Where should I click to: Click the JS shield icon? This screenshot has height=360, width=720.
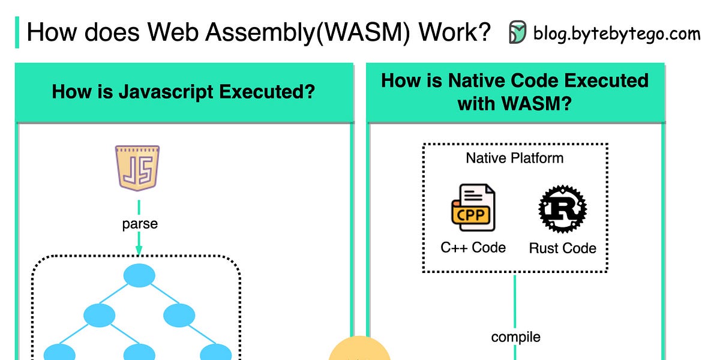coord(137,167)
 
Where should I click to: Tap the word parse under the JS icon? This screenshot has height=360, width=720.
coord(140,224)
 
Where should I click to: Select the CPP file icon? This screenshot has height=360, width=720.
coord(472,208)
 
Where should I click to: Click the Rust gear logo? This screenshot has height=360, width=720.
coord(562,209)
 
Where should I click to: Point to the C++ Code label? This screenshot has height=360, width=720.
coord(473,247)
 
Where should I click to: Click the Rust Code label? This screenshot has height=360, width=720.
coord(562,248)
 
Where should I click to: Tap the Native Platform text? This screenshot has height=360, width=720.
coord(514,158)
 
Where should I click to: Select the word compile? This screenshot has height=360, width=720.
coord(515,337)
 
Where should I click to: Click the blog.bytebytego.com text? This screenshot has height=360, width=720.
coord(616,33)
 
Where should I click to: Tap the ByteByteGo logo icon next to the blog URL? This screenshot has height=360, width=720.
coord(517,32)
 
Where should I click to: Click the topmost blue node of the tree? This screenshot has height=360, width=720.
coord(139,275)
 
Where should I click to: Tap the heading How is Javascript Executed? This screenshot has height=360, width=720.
coord(184,92)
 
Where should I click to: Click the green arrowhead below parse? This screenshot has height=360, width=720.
coord(139,250)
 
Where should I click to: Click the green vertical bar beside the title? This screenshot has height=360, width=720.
coord(17,32)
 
